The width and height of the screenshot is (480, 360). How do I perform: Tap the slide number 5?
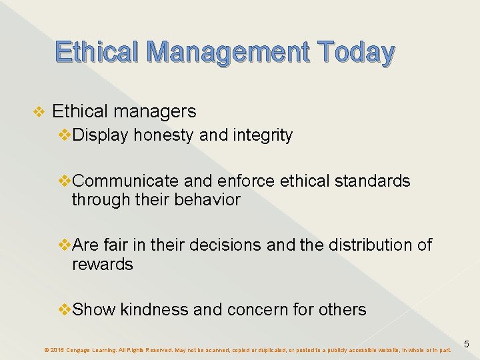(x=467, y=344)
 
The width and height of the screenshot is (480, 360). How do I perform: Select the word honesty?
(x=164, y=135)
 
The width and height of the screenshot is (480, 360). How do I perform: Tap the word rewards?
(x=102, y=264)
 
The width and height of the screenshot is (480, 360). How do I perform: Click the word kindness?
(x=153, y=309)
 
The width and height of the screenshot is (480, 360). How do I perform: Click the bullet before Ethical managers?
(x=39, y=111)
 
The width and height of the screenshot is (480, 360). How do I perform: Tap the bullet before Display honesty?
(x=65, y=135)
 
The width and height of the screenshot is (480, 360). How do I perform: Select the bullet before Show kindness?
(x=65, y=309)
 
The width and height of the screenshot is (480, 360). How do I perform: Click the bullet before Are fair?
(x=65, y=245)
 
